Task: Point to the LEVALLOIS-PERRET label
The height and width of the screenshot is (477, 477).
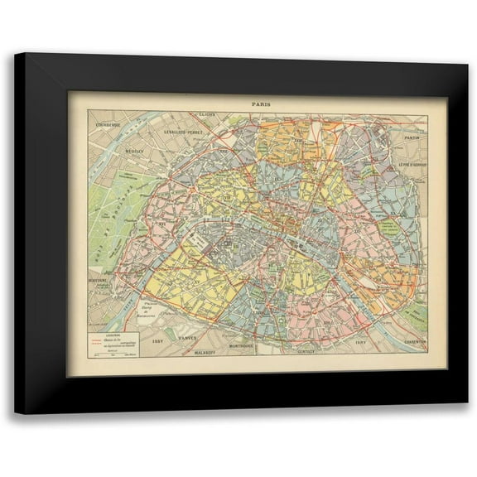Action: click(x=182, y=132)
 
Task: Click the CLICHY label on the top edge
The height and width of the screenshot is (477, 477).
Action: click(x=207, y=116)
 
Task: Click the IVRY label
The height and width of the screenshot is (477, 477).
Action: click(x=360, y=342)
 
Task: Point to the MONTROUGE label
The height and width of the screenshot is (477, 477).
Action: click(x=245, y=345)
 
